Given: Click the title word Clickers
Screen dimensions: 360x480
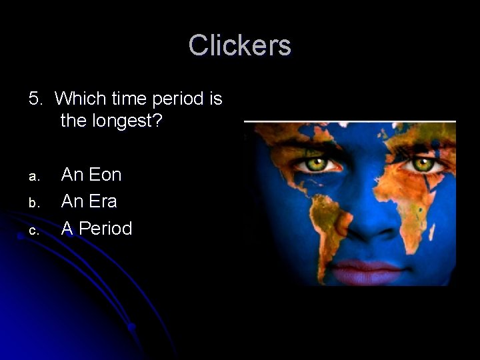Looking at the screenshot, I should (239, 46).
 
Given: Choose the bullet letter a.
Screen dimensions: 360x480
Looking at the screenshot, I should (33, 177).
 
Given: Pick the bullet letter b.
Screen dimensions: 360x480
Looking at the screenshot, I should (33, 203).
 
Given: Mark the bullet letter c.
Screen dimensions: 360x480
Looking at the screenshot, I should (33, 231).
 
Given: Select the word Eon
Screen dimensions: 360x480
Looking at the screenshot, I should (105, 175).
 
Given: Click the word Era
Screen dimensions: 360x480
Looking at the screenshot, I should (103, 201).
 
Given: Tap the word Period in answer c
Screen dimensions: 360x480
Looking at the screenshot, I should (105, 229).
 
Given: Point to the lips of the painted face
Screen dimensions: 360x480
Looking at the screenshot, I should (365, 272).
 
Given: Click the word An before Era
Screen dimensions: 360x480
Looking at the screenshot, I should (72, 201).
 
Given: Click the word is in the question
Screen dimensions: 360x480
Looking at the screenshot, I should (216, 99).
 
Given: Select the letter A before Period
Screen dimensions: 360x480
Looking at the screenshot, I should (67, 229).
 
